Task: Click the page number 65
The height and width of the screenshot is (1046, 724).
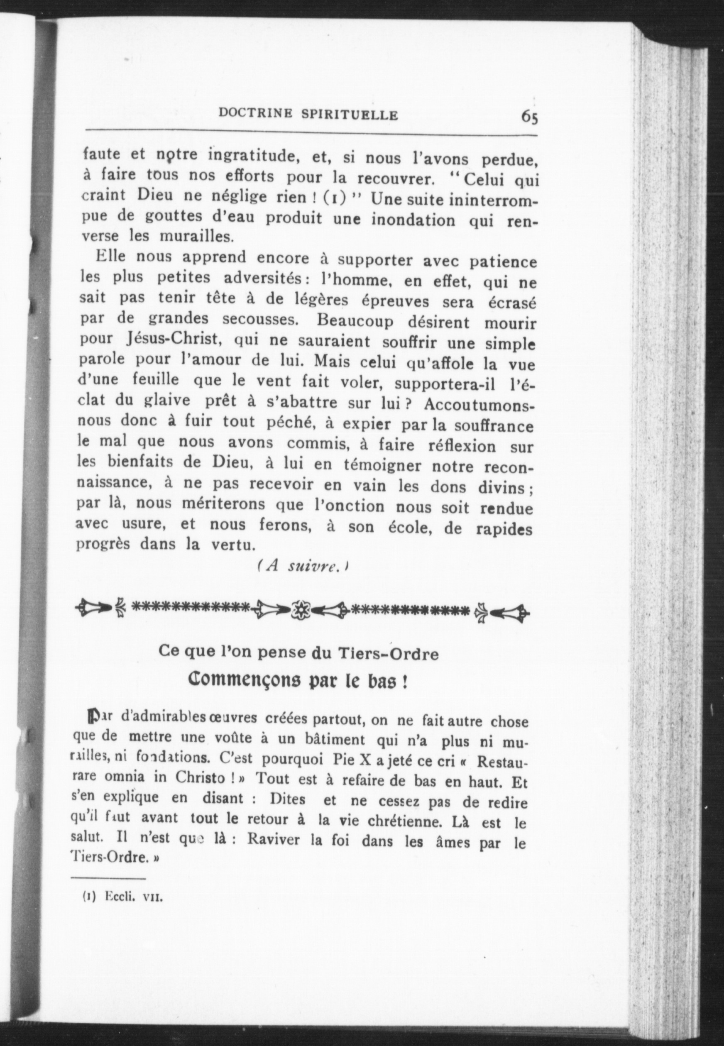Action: click(529, 117)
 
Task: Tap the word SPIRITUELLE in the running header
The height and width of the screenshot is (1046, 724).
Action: click(350, 115)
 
